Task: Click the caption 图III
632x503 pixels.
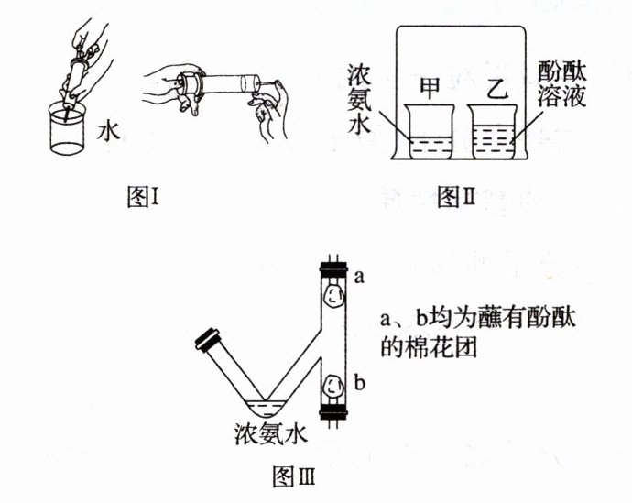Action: pyautogui.click(x=295, y=477)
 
